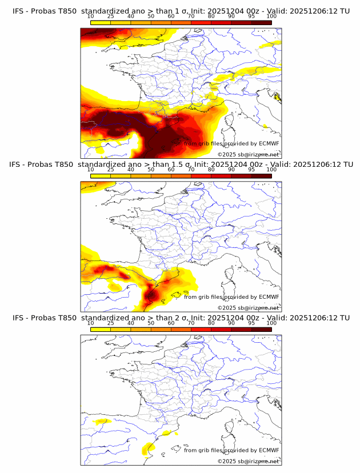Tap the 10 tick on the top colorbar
click(x=90, y=17)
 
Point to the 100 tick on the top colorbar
click(x=271, y=17)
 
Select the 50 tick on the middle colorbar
click(x=151, y=170)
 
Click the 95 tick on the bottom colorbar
click(x=251, y=323)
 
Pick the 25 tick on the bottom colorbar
click(x=110, y=323)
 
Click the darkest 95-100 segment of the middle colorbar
click(x=261, y=176)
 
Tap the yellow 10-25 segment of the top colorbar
click(x=101, y=23)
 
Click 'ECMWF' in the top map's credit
click(x=269, y=144)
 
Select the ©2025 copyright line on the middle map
click(x=248, y=308)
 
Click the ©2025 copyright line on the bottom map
click(x=248, y=461)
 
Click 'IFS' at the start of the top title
click(x=19, y=11)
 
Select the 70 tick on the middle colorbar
click(x=191, y=170)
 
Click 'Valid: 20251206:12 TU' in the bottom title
click(x=310, y=318)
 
